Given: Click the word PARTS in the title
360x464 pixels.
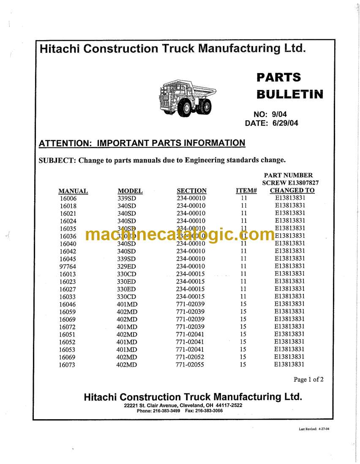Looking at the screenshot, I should pos(278,77).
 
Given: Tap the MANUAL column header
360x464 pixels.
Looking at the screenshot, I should pos(73,191).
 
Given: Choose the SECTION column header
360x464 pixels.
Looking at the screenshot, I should pos(191,191).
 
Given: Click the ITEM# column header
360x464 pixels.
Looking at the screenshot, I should pos(246,191).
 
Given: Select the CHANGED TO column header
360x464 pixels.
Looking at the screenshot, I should pos(292,190).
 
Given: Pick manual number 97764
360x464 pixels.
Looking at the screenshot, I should pos(68,266).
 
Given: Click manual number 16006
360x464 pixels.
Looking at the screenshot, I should pos(68,198).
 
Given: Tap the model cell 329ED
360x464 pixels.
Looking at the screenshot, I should pos(126,266).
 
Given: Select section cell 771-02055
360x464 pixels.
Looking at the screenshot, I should pos(190,364).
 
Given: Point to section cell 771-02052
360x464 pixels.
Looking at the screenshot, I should pos(190,357).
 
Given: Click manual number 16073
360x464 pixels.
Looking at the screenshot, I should pos(67,365).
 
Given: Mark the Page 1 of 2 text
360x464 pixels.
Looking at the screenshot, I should pos(308,380).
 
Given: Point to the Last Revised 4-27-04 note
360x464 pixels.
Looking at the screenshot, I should pos(314,429).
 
